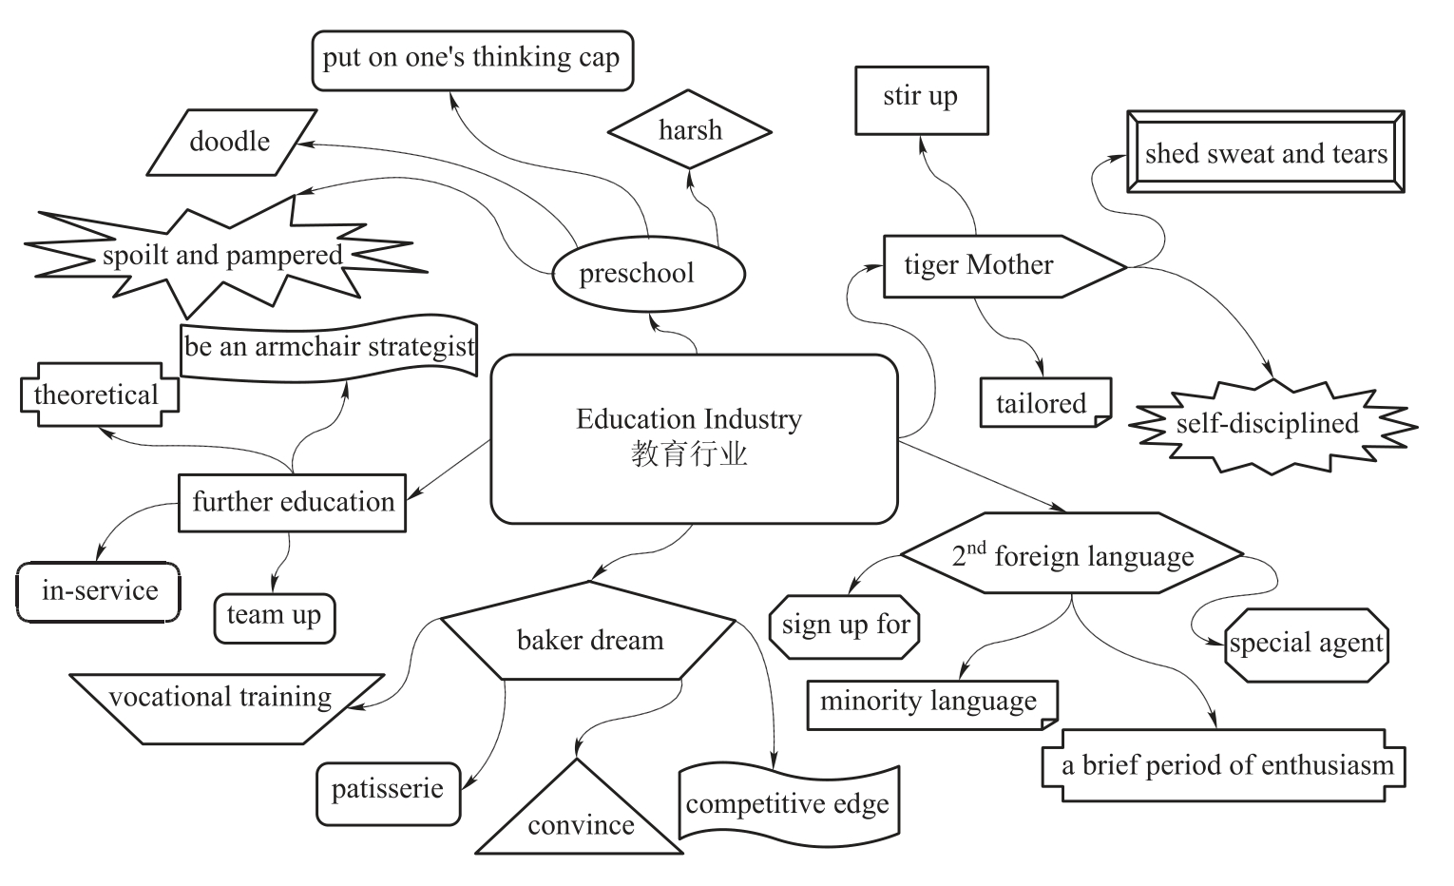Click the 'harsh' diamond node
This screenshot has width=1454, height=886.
click(690, 130)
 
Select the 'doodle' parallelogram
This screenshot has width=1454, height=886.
click(230, 142)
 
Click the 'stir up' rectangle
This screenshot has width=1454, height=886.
click(921, 98)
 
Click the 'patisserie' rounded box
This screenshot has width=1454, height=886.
click(388, 791)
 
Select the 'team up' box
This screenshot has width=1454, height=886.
click(274, 616)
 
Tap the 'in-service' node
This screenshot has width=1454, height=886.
click(100, 591)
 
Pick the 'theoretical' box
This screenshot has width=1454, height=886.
click(98, 394)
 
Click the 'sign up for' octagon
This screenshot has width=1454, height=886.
click(845, 626)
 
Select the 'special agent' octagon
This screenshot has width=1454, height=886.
click(1306, 644)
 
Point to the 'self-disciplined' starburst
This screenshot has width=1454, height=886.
click(1268, 423)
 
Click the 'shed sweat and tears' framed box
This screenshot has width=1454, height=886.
click(1265, 153)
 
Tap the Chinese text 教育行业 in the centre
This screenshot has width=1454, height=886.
click(689, 454)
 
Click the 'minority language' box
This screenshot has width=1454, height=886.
click(929, 703)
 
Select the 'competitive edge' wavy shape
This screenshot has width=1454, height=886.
click(788, 804)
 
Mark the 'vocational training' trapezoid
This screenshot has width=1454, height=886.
click(220, 699)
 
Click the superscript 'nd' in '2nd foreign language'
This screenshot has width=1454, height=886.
click(977, 547)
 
